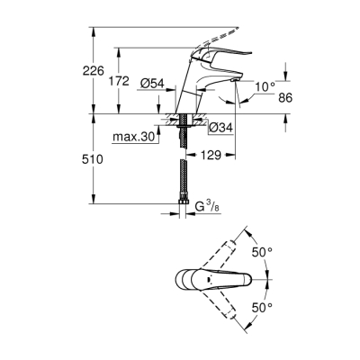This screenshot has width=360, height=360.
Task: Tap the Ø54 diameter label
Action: [x=151, y=84]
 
